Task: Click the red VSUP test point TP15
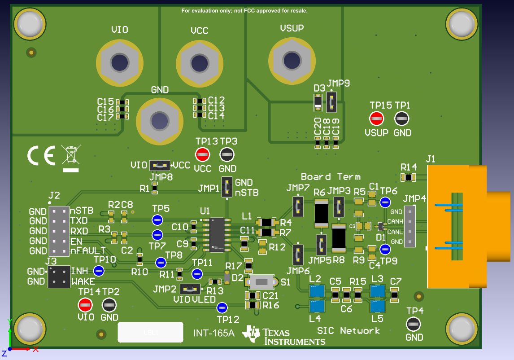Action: coord(376,119)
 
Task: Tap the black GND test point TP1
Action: coord(401,119)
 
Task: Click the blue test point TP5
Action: coord(157,220)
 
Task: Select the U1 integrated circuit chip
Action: coord(217,233)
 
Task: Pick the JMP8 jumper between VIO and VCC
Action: coord(160,165)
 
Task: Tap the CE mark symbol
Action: coord(41,156)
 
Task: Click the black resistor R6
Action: coord(321,213)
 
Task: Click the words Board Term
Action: coord(331,176)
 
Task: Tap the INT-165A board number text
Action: coord(214,333)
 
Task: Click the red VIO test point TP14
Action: coord(85,305)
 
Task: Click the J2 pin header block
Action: coord(59,231)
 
